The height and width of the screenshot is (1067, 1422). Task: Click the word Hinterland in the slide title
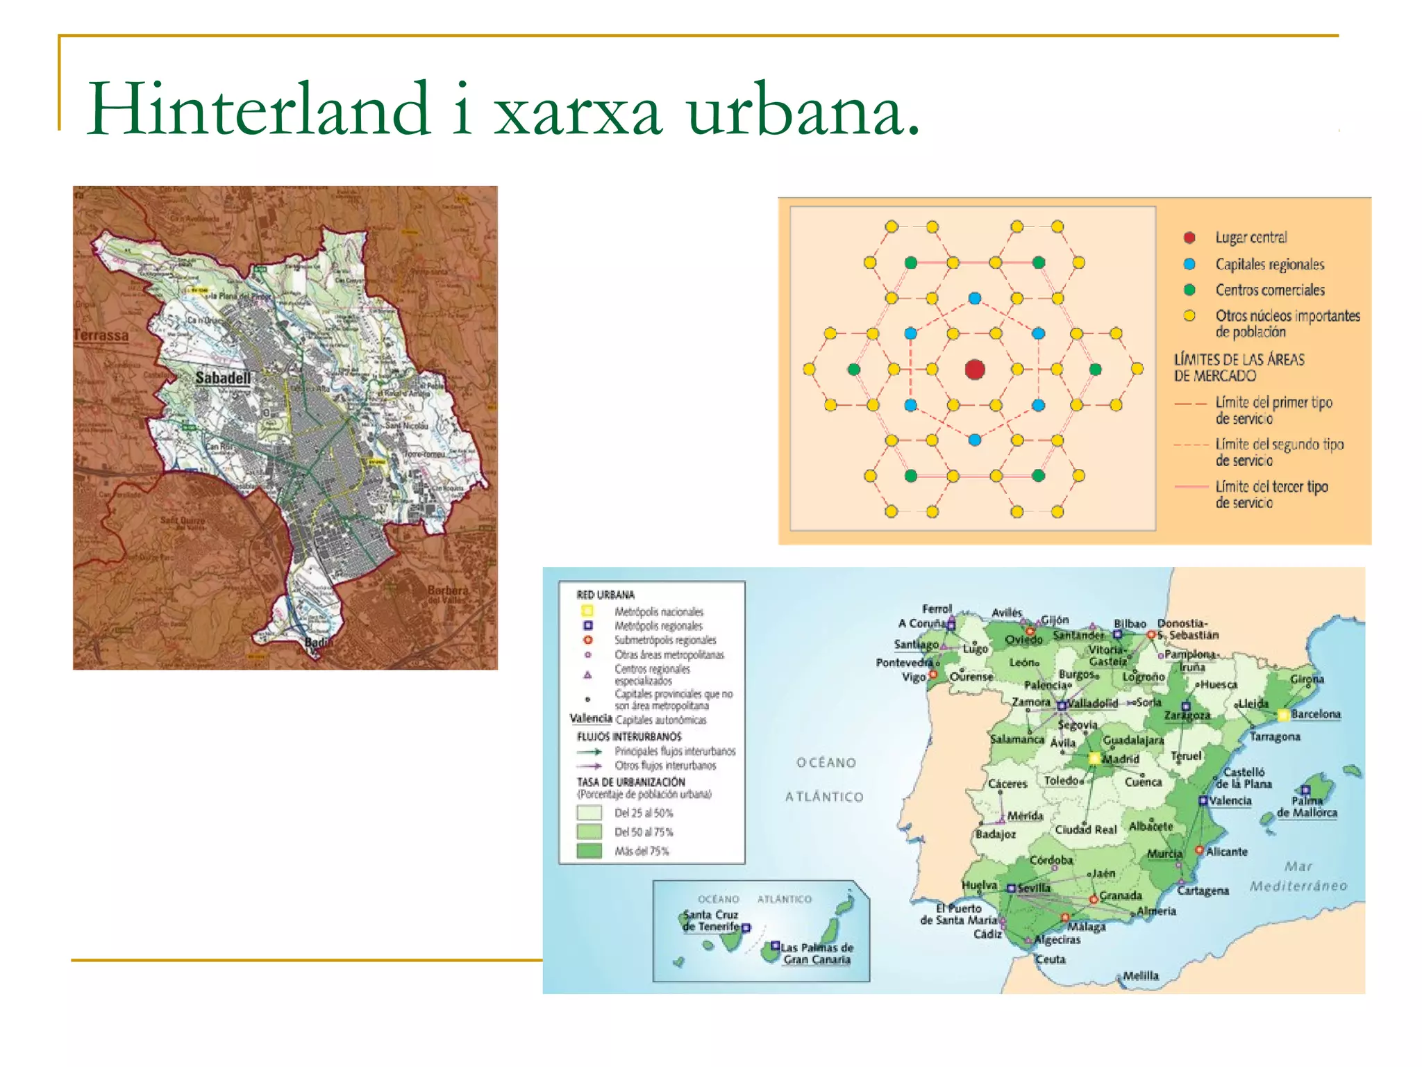[258, 109]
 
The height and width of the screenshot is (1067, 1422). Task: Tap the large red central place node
[975, 369]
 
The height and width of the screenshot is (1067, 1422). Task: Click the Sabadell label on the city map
[222, 378]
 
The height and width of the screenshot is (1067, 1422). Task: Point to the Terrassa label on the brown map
[101, 335]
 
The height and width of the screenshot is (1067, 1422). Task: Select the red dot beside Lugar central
[1189, 238]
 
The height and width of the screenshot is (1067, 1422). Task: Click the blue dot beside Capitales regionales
[1189, 264]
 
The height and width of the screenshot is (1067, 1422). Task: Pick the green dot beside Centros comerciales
[1189, 290]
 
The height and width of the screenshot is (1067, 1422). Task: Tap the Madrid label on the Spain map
[1121, 759]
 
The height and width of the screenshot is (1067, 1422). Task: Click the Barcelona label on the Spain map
[1316, 714]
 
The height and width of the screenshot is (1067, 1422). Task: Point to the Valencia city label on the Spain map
[1230, 800]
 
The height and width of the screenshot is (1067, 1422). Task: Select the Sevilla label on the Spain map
[1034, 888]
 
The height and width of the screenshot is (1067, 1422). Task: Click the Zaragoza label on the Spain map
[1187, 716]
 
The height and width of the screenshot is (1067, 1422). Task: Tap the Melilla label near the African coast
[1141, 975]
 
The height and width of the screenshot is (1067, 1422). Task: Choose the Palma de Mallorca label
[1307, 807]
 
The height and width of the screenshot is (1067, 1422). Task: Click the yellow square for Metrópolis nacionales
[587, 611]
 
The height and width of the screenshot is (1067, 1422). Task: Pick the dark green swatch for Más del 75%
[589, 851]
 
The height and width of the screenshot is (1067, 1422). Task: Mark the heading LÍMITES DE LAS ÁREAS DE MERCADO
[1239, 367]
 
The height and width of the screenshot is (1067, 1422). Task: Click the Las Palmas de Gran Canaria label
[817, 953]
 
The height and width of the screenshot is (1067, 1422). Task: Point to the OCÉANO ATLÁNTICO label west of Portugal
[825, 779]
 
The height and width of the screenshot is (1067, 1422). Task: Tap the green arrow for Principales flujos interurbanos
[589, 751]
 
